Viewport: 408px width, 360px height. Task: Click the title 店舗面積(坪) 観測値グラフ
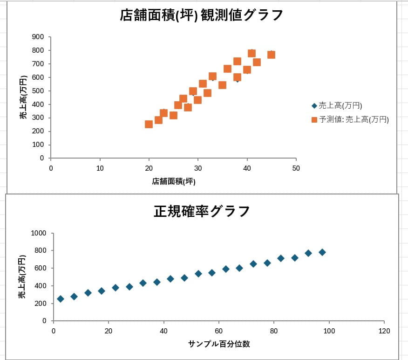pos(201,15)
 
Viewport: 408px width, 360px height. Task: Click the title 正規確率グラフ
pos(202,212)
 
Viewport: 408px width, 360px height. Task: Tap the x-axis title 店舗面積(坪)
pos(173,181)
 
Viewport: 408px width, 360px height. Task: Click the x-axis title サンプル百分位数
pos(219,344)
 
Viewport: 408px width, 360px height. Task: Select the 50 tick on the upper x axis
pos(296,168)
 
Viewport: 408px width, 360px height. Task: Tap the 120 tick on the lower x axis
pos(384,331)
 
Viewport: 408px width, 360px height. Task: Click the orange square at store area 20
pos(149,124)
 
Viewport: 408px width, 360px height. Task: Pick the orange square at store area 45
pos(271,55)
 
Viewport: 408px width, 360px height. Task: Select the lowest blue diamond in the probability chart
pos(61,299)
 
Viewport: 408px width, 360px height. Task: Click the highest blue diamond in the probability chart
pos(322,252)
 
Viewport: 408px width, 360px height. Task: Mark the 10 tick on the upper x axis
pos(100,168)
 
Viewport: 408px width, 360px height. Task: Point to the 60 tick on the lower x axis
pos(219,331)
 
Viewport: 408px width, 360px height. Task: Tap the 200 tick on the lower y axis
pos(41,304)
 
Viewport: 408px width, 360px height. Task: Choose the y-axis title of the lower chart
pos(21,277)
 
